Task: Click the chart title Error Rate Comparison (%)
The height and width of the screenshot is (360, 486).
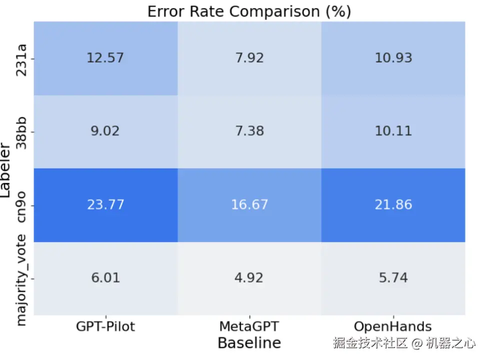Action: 249,12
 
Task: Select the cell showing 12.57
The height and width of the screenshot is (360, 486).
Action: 105,58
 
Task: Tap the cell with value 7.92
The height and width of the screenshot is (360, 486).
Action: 249,58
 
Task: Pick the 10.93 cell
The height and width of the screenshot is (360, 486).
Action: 393,58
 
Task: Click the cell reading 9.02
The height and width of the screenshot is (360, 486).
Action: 105,131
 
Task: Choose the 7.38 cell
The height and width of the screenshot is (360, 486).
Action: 249,131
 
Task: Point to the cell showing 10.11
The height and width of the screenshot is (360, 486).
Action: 393,131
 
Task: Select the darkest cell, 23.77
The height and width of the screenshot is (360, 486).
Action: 105,204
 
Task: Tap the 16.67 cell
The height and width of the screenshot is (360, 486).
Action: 249,204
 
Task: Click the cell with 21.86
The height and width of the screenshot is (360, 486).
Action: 393,204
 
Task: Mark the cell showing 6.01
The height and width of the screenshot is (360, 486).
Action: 105,278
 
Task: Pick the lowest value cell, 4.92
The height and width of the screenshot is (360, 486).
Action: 249,278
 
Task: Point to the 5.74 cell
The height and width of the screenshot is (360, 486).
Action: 393,278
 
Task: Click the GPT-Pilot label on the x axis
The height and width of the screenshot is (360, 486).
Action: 105,327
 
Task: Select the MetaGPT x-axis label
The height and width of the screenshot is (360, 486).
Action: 249,327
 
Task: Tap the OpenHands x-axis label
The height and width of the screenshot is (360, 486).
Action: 393,327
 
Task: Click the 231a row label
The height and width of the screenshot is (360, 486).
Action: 21,59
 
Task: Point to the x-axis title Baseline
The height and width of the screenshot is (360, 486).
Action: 249,343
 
